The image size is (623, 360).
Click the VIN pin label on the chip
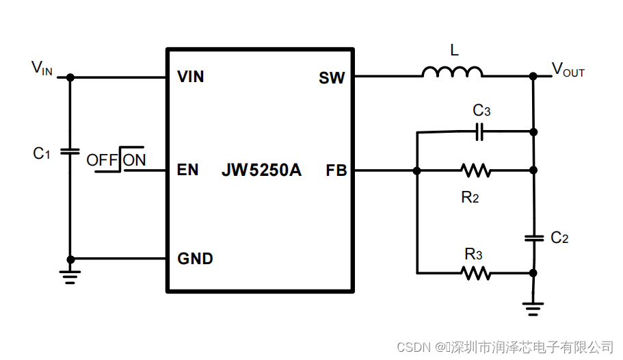click(190, 77)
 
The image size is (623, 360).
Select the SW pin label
click(332, 78)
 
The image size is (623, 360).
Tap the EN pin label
click(187, 170)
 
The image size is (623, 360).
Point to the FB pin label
click(336, 170)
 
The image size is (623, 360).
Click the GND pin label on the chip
click(195, 259)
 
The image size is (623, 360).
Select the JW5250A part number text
click(261, 170)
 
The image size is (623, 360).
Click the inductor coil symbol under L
click(452, 72)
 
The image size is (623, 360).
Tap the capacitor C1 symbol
click(70, 151)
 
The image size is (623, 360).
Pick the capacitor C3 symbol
click(480, 131)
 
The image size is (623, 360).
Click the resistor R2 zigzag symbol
click(475, 170)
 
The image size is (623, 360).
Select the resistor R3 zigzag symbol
click(475, 272)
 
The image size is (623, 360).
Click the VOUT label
click(568, 70)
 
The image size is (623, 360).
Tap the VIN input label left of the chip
click(42, 68)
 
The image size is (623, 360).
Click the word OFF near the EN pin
click(102, 160)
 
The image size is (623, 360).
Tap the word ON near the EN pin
click(134, 160)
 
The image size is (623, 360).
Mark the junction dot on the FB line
click(416, 170)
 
